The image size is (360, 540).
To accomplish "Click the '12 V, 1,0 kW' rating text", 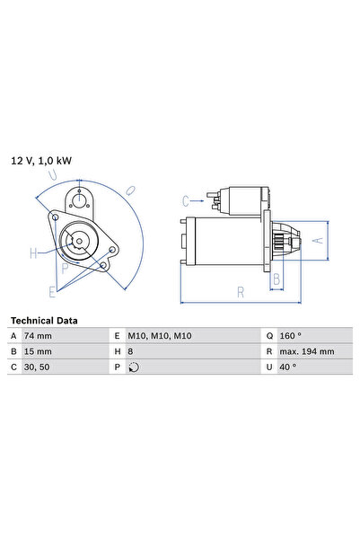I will [x=41, y=160].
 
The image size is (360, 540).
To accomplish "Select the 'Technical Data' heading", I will [x=44, y=320].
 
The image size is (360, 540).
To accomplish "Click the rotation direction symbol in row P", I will [x=135, y=367].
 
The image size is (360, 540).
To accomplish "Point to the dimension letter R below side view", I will [x=241, y=291].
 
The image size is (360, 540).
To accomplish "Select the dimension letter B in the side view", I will [x=277, y=279].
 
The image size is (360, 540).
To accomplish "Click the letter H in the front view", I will [x=33, y=253].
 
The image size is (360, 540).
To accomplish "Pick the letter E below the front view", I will [x=52, y=290].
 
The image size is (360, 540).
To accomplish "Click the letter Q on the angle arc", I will [x=129, y=190].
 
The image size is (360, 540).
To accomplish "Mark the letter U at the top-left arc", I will [x=56, y=174].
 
